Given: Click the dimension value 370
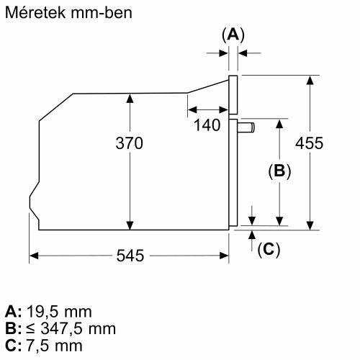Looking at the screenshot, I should pos(130,143).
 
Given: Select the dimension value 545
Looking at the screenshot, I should pos(131,256).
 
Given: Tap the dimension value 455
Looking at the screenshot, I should pos(310,143).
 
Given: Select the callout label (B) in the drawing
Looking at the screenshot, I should pos(279,171).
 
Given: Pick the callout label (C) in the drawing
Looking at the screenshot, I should pos(268,249).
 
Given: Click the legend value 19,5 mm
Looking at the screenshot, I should pos(59,312).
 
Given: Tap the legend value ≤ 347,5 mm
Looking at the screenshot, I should pos(71,329).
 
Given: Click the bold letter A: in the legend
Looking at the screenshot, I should pos(14,312).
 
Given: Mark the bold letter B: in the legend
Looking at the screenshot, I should pos(14,329).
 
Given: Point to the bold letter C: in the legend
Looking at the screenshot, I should pos(14,346).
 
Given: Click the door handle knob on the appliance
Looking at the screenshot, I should pos(246,127).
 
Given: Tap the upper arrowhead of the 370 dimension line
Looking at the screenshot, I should pos(130,97).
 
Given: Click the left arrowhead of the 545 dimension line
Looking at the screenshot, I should pos(34,256).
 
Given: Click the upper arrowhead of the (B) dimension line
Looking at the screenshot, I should pos(279,123).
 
